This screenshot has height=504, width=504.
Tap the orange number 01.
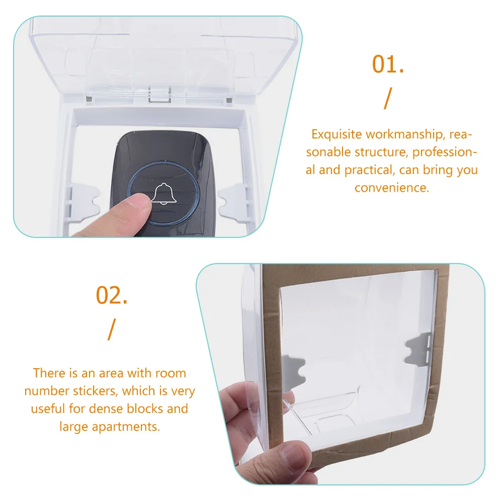click(388, 64)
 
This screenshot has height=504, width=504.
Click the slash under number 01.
click(387, 98)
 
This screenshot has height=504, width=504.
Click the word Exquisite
click(337, 134)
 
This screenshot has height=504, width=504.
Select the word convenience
click(392, 188)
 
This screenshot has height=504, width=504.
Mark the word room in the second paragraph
click(170, 373)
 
